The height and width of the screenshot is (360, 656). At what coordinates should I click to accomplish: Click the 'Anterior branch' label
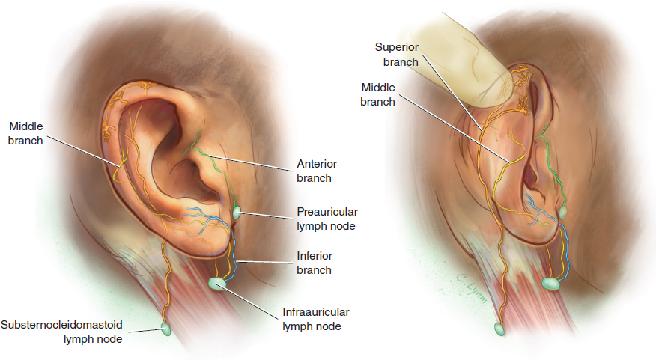(314, 171)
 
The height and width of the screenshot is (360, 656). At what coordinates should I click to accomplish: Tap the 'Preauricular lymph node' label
(324, 218)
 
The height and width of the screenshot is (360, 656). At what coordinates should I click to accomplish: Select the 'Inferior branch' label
(314, 263)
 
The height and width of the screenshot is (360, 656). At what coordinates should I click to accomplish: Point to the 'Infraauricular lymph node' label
(316, 319)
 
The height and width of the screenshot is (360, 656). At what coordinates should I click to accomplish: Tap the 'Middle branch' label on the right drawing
(378, 94)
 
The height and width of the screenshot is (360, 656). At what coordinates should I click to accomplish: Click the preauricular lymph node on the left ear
(237, 213)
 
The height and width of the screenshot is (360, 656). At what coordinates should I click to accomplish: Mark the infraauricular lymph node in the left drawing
(217, 284)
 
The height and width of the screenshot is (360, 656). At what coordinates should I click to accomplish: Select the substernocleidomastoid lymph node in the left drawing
(165, 328)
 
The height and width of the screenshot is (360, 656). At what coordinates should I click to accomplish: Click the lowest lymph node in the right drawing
(498, 329)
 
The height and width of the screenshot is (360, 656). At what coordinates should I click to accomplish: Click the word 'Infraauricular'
(316, 312)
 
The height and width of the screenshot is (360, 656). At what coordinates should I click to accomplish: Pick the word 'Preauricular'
(324, 211)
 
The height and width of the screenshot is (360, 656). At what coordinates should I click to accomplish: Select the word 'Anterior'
(314, 165)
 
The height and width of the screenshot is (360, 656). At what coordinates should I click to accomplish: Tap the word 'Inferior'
(314, 257)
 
